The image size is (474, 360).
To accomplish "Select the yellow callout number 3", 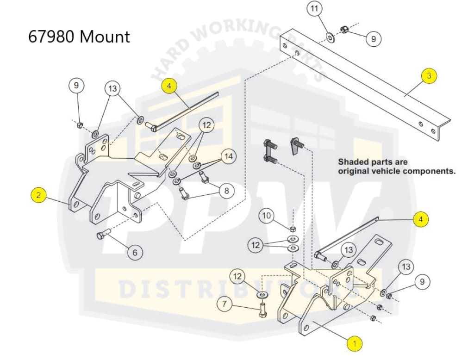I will (x=429, y=76).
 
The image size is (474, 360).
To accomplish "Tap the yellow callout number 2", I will (x=39, y=195).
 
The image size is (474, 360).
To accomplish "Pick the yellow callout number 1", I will (x=355, y=343).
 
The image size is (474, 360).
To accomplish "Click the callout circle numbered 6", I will (x=135, y=252).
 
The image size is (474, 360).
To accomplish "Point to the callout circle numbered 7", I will (x=225, y=304).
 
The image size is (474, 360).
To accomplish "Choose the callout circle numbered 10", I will (x=267, y=216).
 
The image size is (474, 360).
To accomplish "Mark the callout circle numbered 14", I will (x=228, y=157).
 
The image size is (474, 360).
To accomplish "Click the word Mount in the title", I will (x=106, y=37).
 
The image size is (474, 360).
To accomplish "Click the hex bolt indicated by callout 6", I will (x=103, y=235).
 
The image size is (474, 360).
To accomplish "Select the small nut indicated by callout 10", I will (x=293, y=229).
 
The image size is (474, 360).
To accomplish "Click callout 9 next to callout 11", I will (x=373, y=39).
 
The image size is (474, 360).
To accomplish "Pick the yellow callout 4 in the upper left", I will (x=169, y=86).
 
